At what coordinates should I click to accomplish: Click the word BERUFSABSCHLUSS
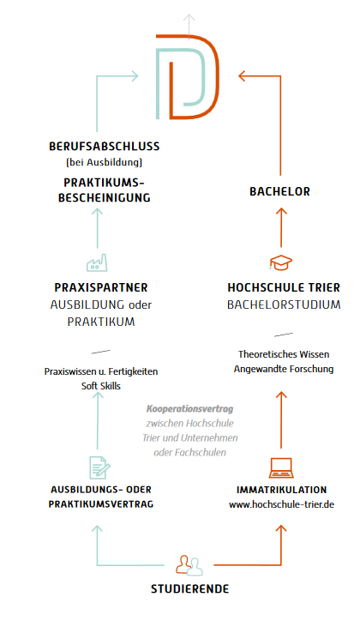pos(104,146)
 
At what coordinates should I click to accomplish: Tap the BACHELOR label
pos(279,191)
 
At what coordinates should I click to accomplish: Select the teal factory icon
pos(97,262)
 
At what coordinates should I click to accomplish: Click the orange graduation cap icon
pos(281,262)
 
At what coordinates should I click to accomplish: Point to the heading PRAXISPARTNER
pos(101,288)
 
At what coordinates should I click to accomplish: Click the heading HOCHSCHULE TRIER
pos(284,288)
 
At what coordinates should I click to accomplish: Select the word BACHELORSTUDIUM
pos(284,304)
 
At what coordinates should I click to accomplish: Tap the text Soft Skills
pos(101,386)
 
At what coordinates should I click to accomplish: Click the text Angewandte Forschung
pos(284,369)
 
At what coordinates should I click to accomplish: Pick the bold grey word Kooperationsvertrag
pos(189,409)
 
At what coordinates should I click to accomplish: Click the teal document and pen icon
pos(99,467)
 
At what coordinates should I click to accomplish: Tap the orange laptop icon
pos(281,467)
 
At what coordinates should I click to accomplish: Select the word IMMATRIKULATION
pos(282,490)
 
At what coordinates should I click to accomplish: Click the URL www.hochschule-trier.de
pos(282,504)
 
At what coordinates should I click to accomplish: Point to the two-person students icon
pos(189,565)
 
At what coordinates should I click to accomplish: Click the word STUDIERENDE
pos(190,589)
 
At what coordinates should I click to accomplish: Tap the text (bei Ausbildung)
pos(104,162)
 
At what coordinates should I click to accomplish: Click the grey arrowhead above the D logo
pos(189,18)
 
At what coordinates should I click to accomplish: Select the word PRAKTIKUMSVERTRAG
pos(101,504)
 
